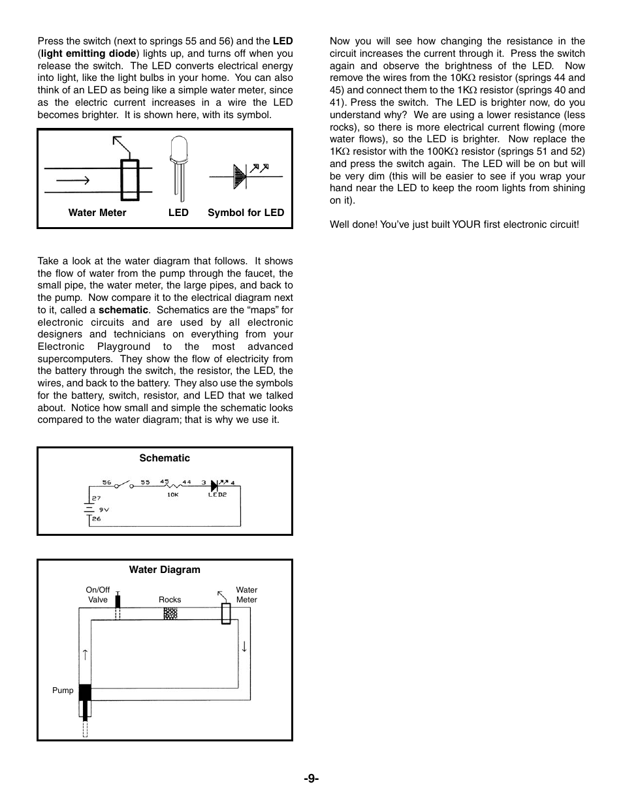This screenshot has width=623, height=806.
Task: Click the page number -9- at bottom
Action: point(311,778)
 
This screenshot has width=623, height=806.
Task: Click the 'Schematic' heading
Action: point(165,458)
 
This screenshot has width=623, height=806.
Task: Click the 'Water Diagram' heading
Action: point(165,570)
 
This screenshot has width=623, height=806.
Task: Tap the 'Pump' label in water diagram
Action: point(63,690)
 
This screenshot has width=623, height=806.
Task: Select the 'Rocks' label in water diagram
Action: point(170,600)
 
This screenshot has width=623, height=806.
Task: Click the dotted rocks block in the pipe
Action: point(170,614)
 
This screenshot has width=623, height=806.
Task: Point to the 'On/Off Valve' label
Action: point(98,595)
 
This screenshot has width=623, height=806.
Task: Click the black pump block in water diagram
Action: point(85,692)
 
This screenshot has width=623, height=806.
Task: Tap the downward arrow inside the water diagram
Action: point(244,647)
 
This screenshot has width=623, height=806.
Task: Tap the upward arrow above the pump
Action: point(85,655)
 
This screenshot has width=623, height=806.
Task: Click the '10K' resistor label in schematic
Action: point(172,495)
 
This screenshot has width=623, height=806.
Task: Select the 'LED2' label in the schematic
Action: point(217,495)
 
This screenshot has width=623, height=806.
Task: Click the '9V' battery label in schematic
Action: point(104,510)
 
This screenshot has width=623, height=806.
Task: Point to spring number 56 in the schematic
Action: point(107,482)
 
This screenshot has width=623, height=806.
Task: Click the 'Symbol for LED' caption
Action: point(246,213)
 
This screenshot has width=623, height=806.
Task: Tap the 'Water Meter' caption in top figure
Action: point(97,213)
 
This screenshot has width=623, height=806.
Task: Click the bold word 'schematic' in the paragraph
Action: point(123,310)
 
